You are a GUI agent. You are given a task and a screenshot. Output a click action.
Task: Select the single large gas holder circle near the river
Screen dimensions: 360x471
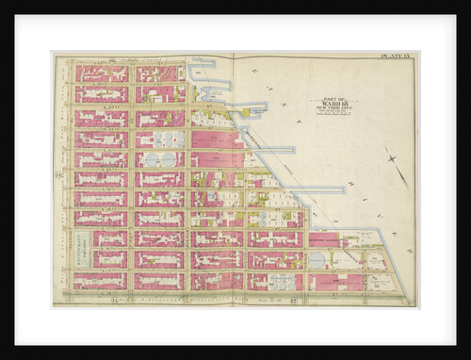(317, 258)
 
